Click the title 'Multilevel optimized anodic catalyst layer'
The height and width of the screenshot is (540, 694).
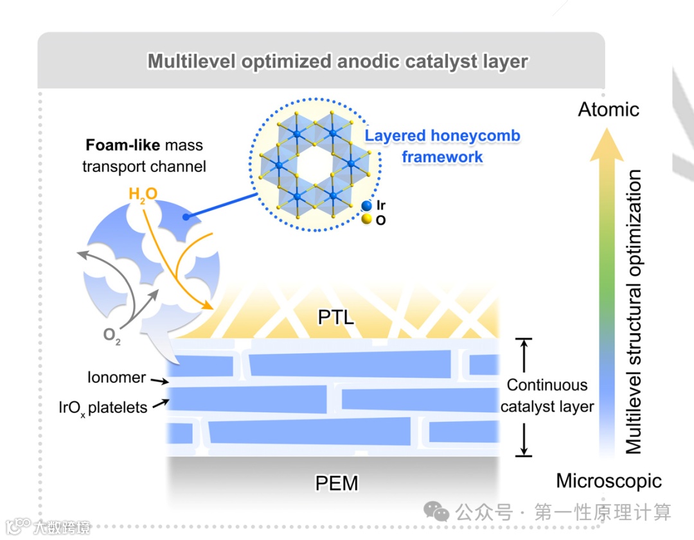click(337, 62)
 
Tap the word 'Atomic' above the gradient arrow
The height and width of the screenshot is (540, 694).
click(609, 109)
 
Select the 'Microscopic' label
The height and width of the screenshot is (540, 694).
click(609, 480)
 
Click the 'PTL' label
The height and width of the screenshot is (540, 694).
click(336, 317)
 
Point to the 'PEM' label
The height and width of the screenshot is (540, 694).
click(337, 483)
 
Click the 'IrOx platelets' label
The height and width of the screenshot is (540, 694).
click(109, 407)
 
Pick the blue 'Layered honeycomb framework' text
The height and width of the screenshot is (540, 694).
click(442, 146)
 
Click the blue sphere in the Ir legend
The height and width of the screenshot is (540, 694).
click(366, 206)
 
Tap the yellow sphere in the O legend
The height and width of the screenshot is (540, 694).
click(366, 220)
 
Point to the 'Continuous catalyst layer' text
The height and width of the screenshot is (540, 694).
click(547, 396)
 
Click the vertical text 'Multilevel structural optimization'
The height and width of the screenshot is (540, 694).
click(634, 311)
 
